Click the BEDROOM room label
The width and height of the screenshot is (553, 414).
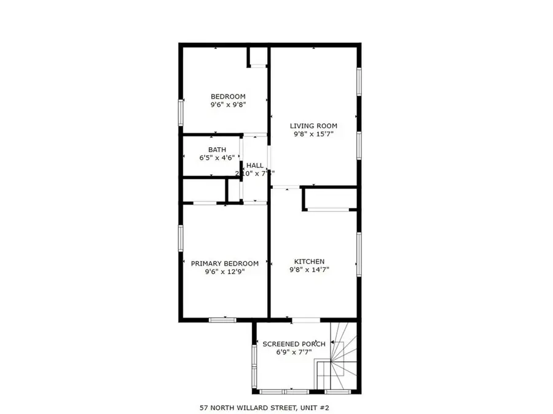click(x=228, y=96)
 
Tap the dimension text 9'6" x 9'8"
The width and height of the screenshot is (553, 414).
click(x=228, y=105)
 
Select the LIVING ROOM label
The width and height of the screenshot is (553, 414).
click(x=313, y=126)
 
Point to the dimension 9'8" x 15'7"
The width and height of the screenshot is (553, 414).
click(x=313, y=135)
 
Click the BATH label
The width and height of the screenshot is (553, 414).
click(x=217, y=150)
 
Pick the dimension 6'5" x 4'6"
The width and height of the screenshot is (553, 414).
click(x=217, y=158)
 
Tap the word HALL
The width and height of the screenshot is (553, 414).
click(x=255, y=166)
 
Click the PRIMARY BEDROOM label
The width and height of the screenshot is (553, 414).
click(x=224, y=264)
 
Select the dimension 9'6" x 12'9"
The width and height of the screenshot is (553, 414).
click(x=224, y=272)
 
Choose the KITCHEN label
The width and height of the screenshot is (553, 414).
click(x=313, y=262)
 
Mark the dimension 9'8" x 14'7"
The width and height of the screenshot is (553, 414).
click(x=313, y=270)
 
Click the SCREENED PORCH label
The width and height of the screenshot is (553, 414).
click(x=294, y=344)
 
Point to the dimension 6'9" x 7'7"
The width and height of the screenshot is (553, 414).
click(x=294, y=353)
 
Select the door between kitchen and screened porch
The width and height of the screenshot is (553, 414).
click(x=305, y=320)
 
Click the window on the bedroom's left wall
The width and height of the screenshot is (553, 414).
click(x=181, y=113)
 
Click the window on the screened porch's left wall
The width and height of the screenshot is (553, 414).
click(x=254, y=366)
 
